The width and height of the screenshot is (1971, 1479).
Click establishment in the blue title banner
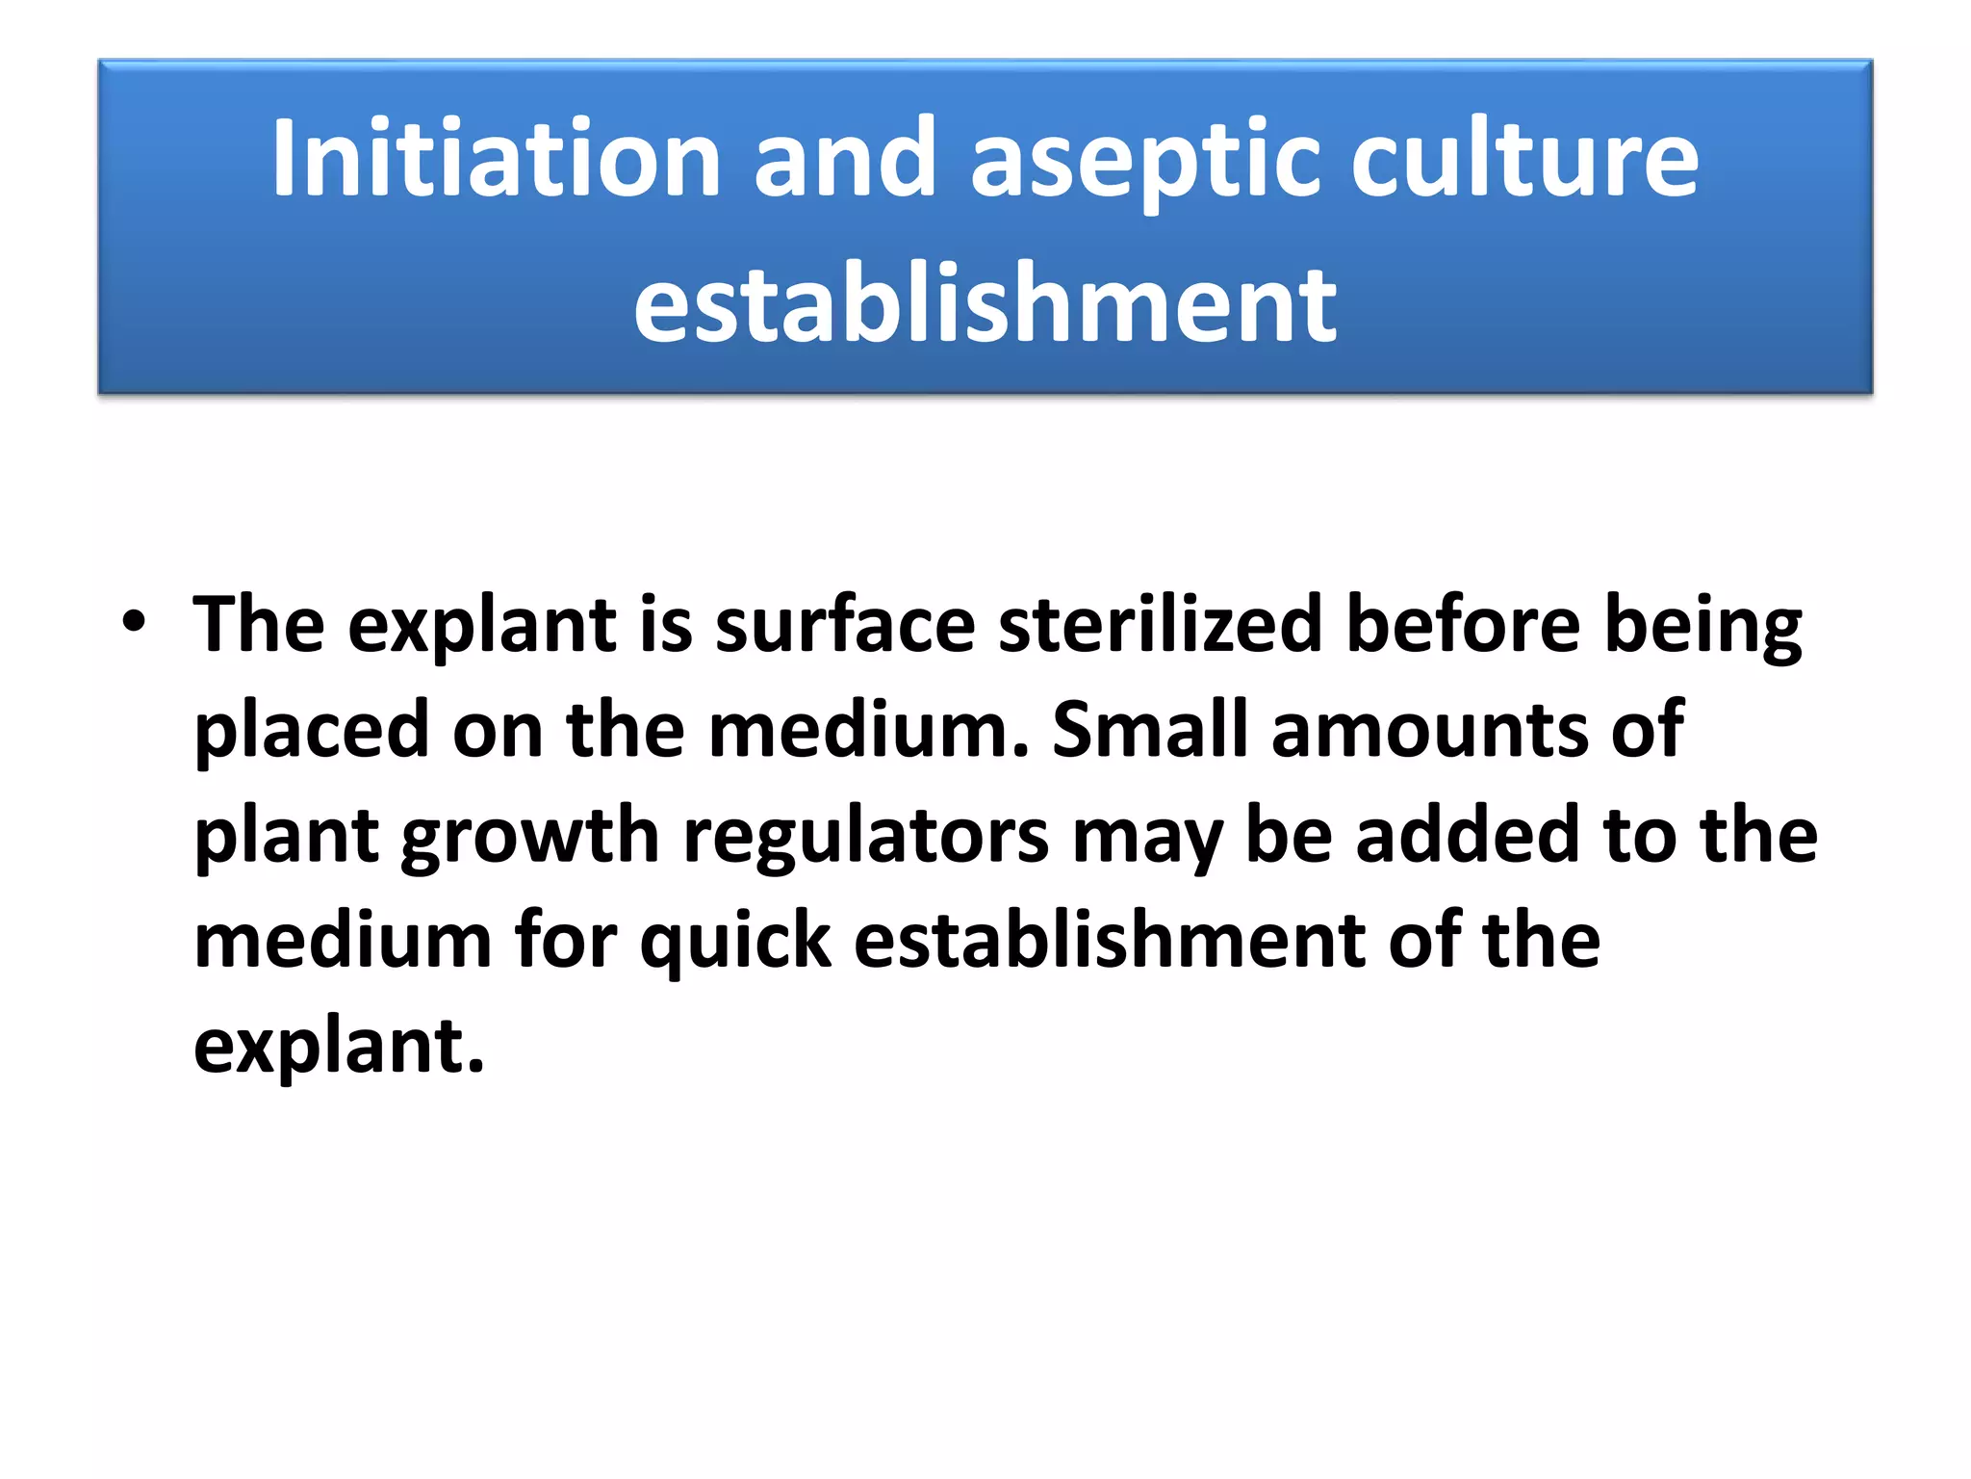coord(985,303)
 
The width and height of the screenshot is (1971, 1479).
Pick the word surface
coord(845,624)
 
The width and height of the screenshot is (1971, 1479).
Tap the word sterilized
coord(1161,624)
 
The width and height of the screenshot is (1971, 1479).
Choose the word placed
coord(311,730)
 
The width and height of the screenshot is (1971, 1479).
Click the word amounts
coord(1429,730)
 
